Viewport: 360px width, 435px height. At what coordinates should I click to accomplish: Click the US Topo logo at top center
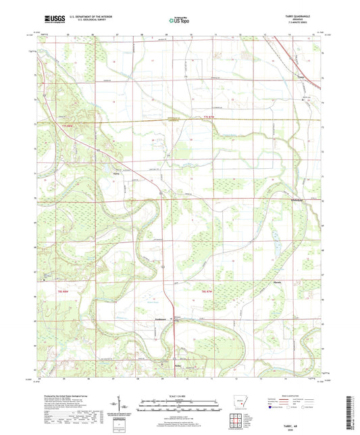click(x=175, y=21)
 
